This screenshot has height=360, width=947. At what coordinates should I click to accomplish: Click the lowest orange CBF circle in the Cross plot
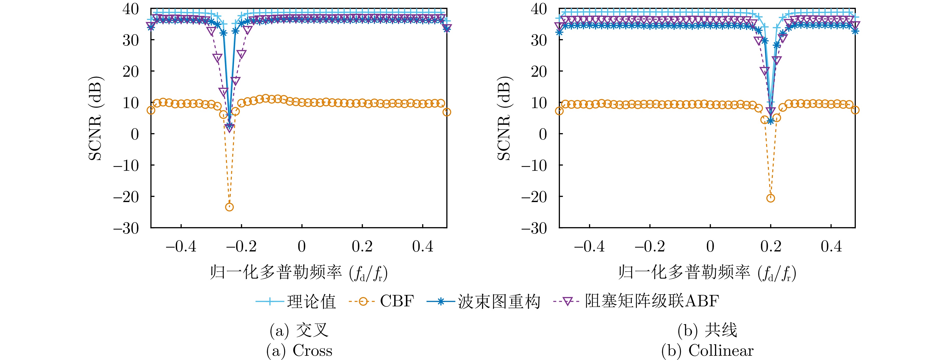(229, 207)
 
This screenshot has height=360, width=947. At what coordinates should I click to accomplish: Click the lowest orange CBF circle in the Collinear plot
(771, 198)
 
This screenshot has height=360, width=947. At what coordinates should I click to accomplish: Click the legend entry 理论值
(311, 302)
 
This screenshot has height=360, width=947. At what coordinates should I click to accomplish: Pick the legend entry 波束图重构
(499, 302)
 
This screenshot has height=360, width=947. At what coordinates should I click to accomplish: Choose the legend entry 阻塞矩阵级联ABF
(652, 302)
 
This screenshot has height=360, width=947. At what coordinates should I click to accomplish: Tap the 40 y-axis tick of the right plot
(539, 9)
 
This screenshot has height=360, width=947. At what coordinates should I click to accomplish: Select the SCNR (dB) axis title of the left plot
(95, 118)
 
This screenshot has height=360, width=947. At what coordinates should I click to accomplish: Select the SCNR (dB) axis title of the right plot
(504, 118)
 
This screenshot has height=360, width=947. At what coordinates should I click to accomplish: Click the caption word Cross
(312, 351)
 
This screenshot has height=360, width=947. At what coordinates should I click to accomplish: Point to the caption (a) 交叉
(299, 330)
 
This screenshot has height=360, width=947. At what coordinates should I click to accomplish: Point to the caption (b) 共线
(707, 330)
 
